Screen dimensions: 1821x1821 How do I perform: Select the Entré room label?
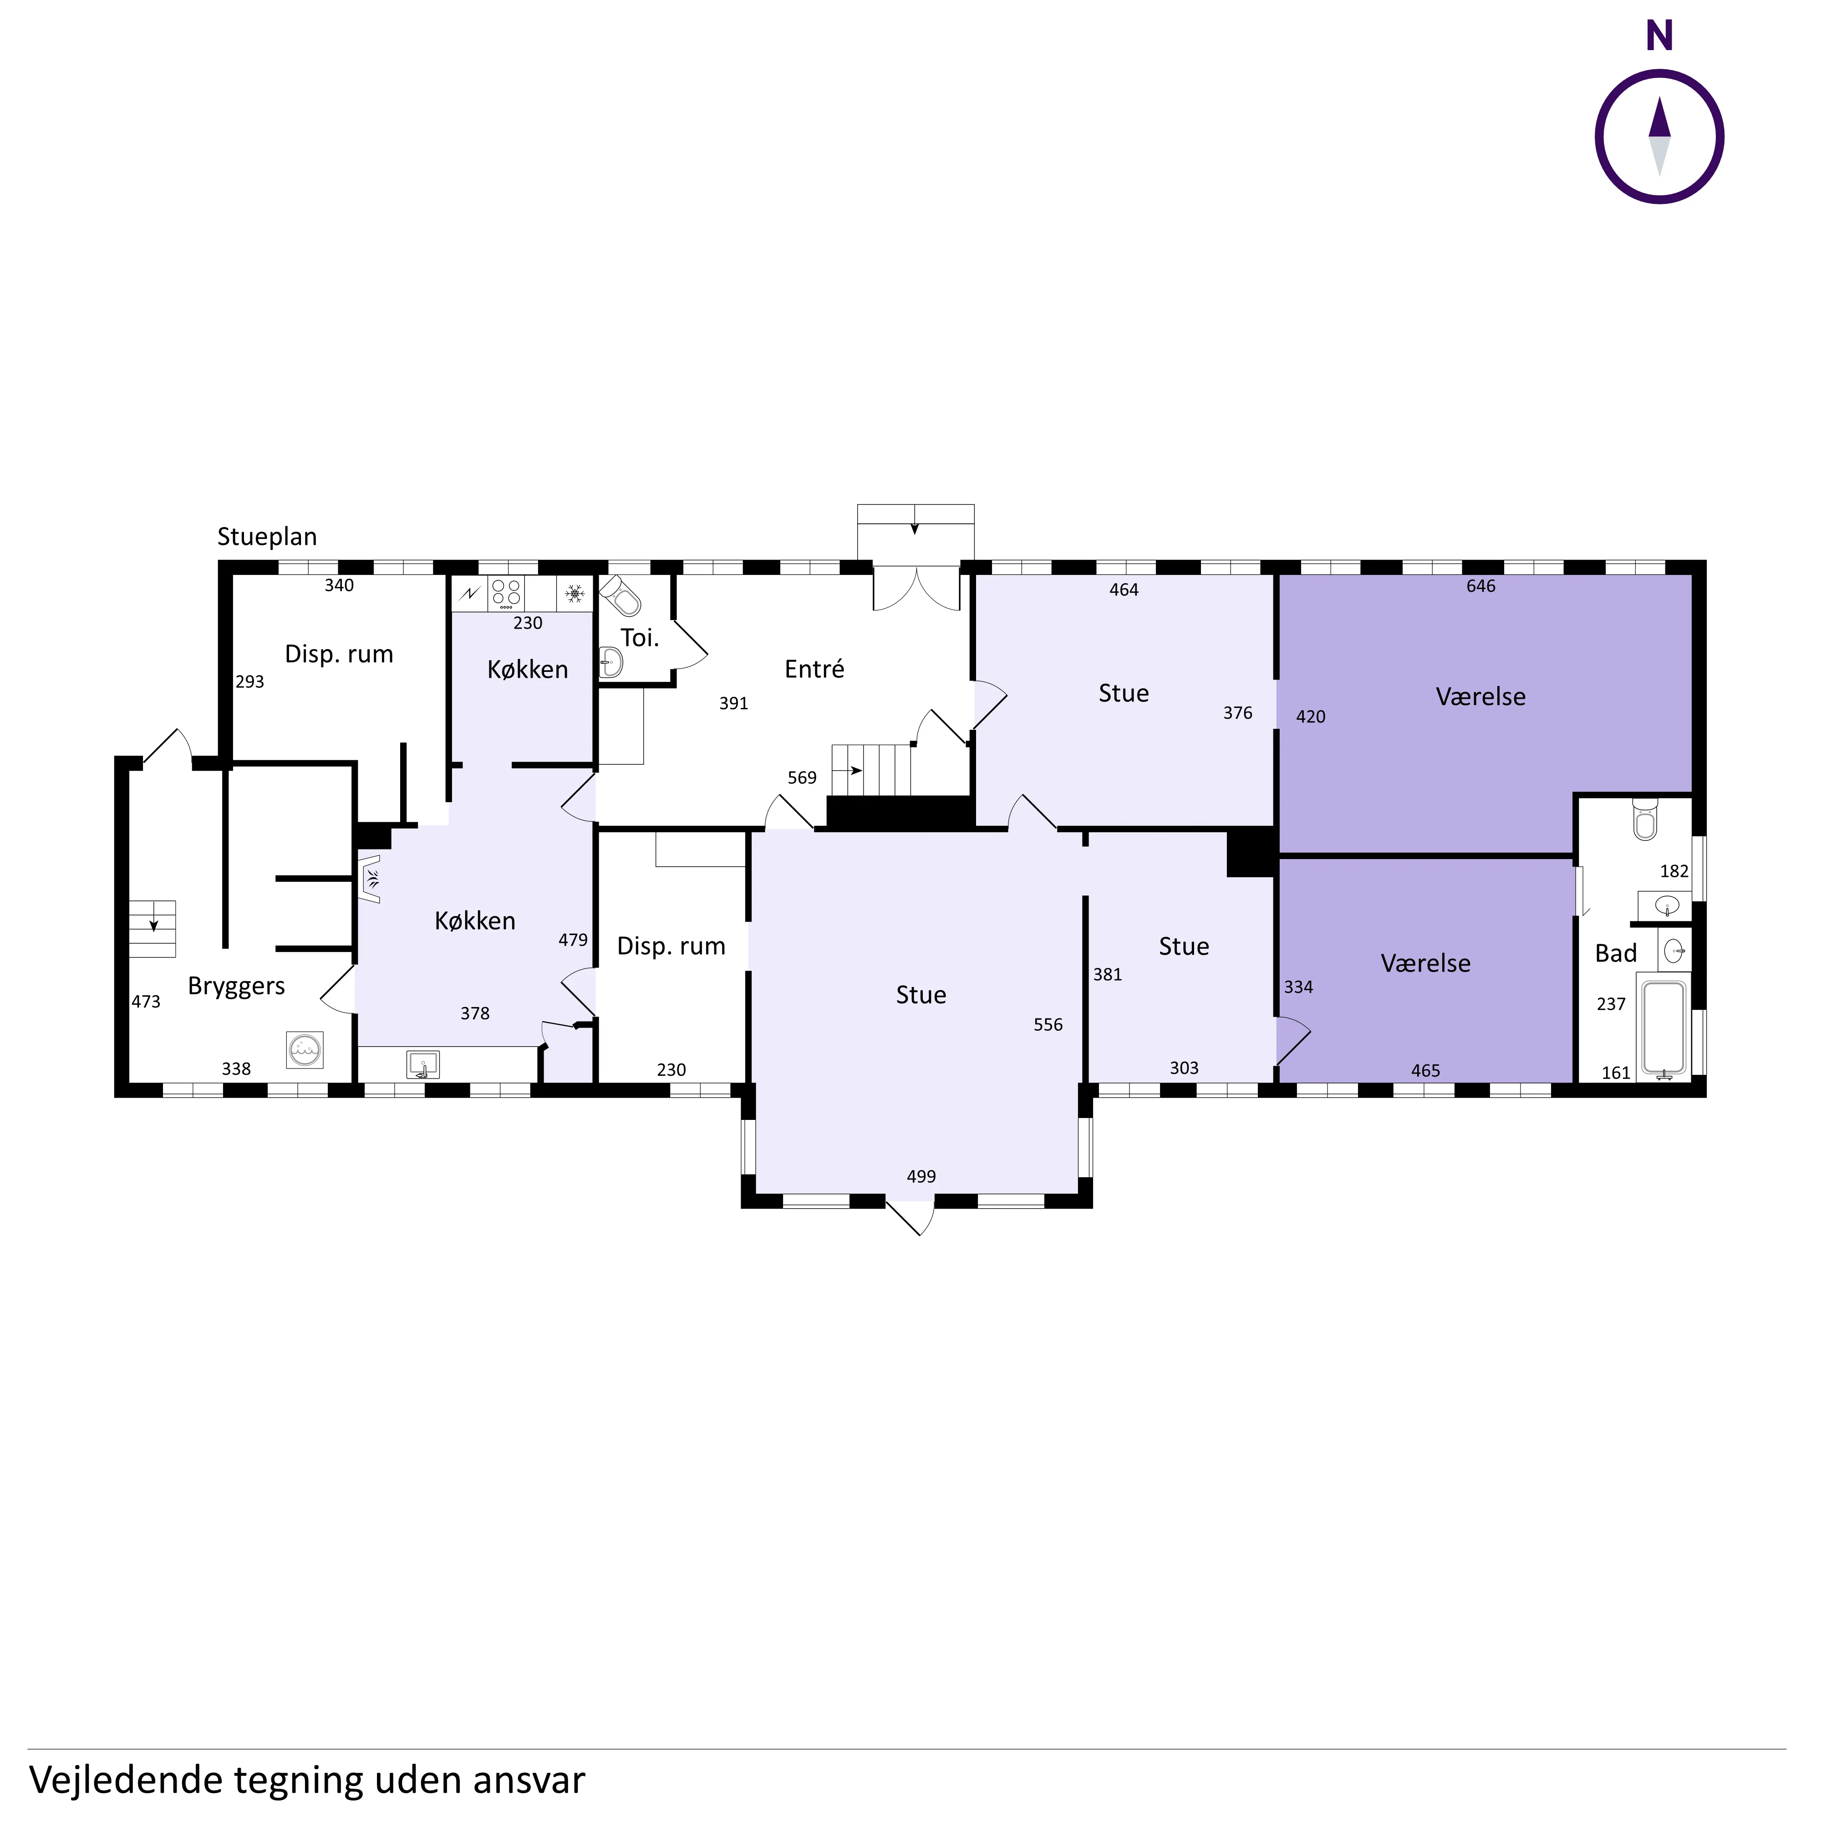[814, 669]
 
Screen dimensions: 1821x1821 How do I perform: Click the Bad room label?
[1616, 953]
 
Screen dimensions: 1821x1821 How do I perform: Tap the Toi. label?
[640, 638]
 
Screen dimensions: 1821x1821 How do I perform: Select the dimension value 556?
[1048, 1025]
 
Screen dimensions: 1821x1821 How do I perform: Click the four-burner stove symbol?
[506, 593]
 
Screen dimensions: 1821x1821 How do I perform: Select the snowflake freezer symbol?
[574, 593]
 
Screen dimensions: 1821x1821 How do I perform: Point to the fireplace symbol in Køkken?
[370, 880]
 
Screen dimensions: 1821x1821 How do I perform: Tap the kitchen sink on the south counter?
[423, 1064]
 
